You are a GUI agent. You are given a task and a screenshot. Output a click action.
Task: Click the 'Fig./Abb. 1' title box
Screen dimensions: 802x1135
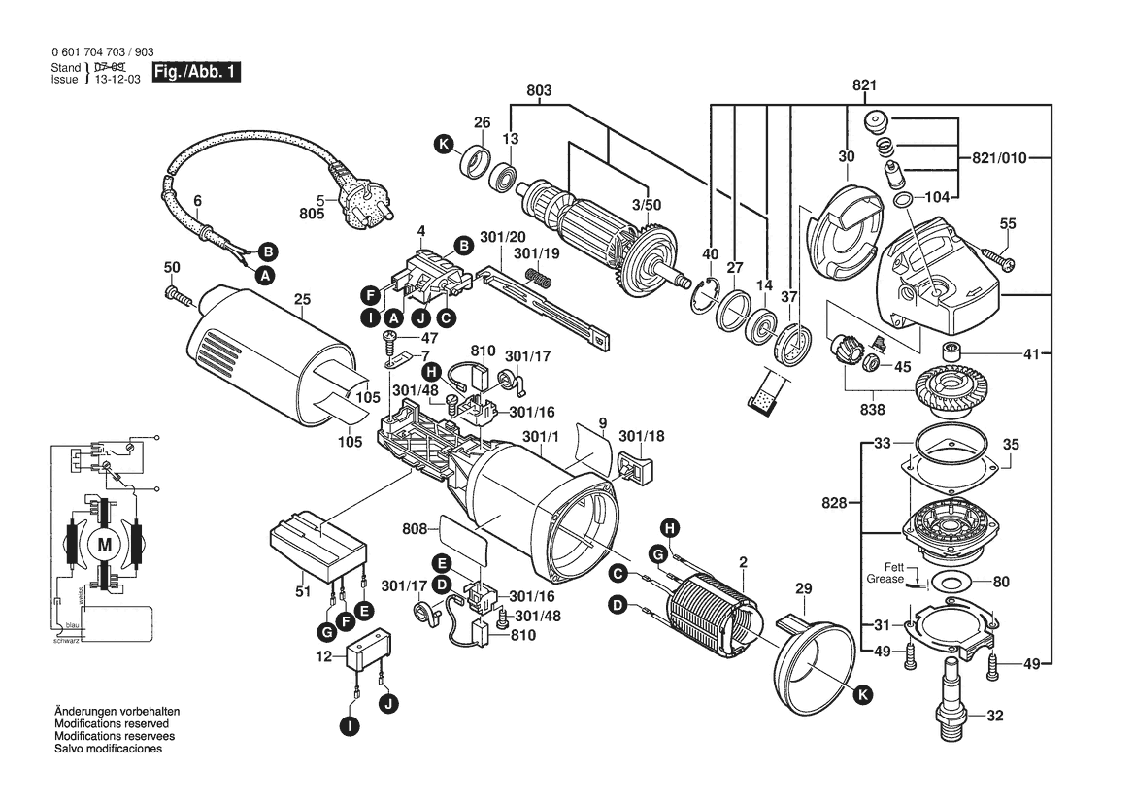(x=195, y=73)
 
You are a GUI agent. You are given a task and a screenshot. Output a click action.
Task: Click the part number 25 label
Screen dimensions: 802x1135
(x=302, y=299)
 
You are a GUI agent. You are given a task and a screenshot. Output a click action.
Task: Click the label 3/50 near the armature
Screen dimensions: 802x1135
(x=646, y=206)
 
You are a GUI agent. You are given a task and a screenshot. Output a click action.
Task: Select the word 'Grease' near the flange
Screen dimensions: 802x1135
(x=885, y=579)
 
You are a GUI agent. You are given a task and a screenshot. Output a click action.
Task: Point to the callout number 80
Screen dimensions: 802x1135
(x=1001, y=583)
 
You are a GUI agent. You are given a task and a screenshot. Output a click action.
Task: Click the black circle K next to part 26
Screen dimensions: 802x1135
(x=444, y=145)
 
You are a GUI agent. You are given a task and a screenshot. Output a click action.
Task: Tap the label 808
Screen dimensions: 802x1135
(x=414, y=529)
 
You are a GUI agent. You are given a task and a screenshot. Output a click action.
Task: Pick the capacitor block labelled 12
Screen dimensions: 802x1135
(x=371, y=653)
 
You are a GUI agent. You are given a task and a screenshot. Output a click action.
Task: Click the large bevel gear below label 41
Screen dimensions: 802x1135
(x=950, y=391)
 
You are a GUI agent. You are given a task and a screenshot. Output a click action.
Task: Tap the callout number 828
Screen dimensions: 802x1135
(x=833, y=503)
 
